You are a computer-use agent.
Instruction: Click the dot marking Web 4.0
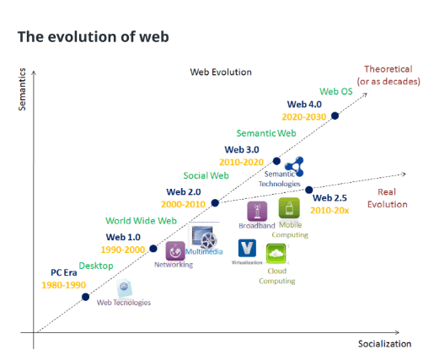coord(335,116)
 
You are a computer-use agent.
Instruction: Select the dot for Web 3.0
coord(276,161)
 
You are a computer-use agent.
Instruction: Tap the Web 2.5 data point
coord(308,190)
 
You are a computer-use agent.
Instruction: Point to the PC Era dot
coord(85,297)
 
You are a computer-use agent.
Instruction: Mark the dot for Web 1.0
coord(153,249)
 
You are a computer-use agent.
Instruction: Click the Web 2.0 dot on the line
coord(215,203)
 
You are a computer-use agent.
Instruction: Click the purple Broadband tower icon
coord(257,211)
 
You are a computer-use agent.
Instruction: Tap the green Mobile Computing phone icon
coord(289,208)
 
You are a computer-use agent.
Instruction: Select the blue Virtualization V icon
coord(247,248)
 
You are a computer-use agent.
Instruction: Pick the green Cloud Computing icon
coord(276,254)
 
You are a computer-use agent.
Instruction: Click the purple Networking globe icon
coord(175,250)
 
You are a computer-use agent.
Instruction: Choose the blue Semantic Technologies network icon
coord(295,166)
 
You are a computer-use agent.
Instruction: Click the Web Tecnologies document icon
coord(125,287)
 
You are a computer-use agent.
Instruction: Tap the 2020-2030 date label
coord(304,117)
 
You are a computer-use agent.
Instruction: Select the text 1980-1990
coord(64,285)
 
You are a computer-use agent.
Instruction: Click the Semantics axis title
coord(22,89)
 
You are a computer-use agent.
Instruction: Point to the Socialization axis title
coord(384,344)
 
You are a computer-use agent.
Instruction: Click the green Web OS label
coord(336,91)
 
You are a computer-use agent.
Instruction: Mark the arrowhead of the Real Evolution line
coord(404,175)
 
